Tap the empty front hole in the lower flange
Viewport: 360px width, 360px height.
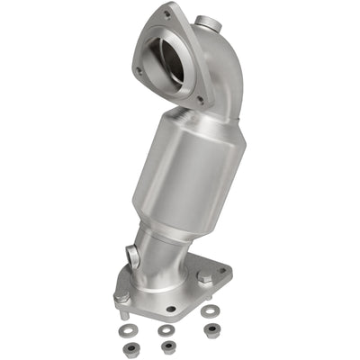[x=171, y=309]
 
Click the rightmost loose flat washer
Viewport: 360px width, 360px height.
[x=211, y=311]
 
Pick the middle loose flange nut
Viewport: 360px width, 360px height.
[x=166, y=346]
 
